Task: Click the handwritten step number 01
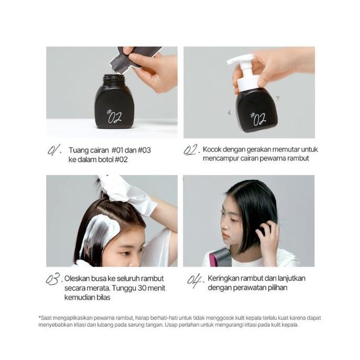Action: click(x=54, y=151)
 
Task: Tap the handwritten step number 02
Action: click(x=190, y=151)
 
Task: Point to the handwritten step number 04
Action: click(x=195, y=280)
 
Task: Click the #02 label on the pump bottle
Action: click(x=258, y=118)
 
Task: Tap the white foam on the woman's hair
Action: click(x=98, y=233)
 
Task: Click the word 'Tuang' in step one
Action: click(x=78, y=150)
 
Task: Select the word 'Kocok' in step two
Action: click(x=213, y=150)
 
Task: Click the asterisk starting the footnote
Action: click(x=39, y=317)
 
